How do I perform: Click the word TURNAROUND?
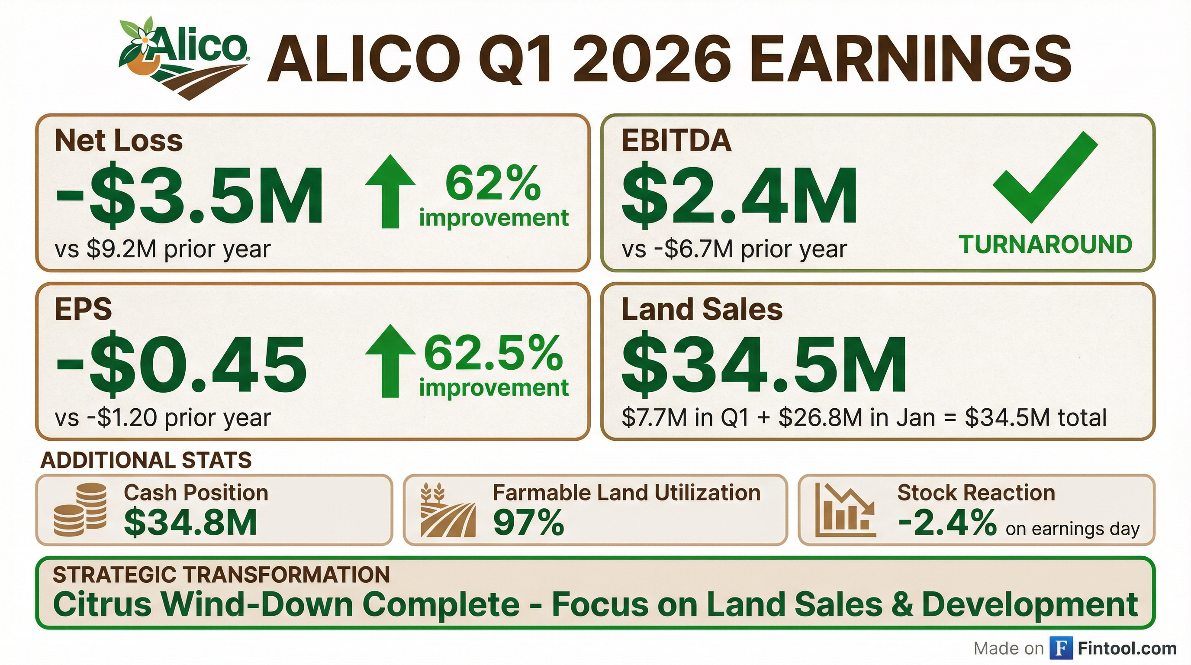tap(1045, 245)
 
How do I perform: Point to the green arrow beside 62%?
tap(390, 191)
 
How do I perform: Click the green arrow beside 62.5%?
tap(390, 361)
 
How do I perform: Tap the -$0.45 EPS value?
tap(181, 366)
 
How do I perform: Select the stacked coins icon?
tap(80, 510)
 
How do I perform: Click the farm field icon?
tap(447, 510)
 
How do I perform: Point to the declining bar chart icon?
tap(845, 510)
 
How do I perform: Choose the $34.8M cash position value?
tap(190, 523)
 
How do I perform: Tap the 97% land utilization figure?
tap(528, 523)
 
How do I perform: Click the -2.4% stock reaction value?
tap(947, 523)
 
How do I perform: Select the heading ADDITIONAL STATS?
tap(146, 461)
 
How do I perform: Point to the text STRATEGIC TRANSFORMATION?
tap(222, 575)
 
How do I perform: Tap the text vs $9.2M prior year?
tap(163, 250)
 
